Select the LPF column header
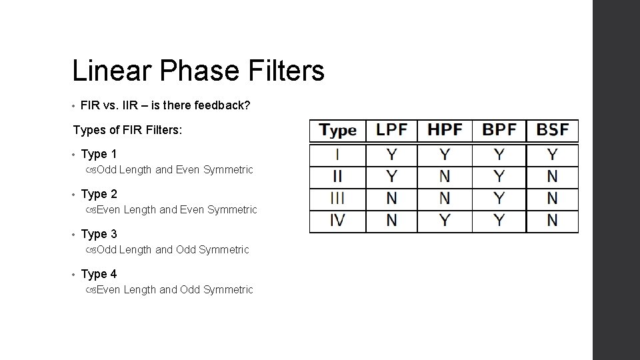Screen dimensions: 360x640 (391, 130)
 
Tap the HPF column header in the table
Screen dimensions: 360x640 (445, 130)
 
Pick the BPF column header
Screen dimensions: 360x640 (499, 130)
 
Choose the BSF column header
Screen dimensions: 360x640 (553, 130)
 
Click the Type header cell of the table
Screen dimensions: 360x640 (338, 130)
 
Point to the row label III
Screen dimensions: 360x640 (337, 198)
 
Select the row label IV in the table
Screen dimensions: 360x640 (337, 220)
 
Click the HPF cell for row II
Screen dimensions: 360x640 (445, 177)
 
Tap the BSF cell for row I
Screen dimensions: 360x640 (553, 155)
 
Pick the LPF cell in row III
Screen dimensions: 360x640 (391, 198)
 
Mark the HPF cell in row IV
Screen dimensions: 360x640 (445, 220)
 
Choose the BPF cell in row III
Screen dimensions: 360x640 (499, 198)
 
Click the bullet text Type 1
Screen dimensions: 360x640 (99, 154)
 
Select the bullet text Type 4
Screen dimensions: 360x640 (99, 274)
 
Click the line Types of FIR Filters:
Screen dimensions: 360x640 (127, 130)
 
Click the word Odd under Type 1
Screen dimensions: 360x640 (107, 170)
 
